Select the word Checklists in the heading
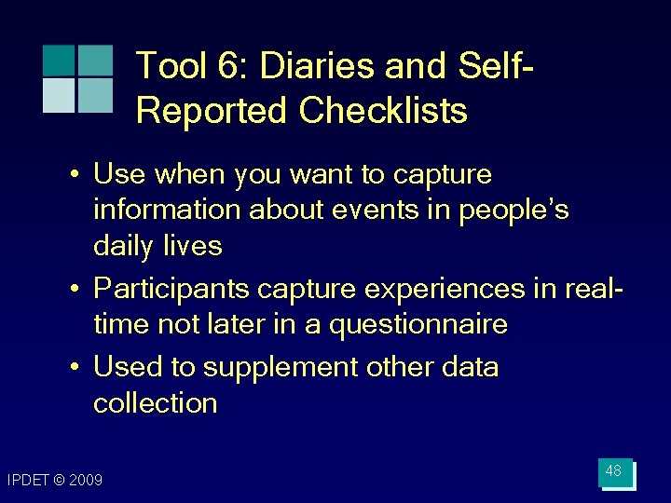coord(383,111)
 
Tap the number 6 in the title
coord(232,66)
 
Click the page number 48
coord(613,471)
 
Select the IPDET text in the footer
coord(29,480)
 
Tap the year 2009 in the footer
coord(86,480)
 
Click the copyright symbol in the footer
coord(60,480)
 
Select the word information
coord(167,210)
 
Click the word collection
coord(155,403)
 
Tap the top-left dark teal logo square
coord(58,61)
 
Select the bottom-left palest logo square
coord(58,95)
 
